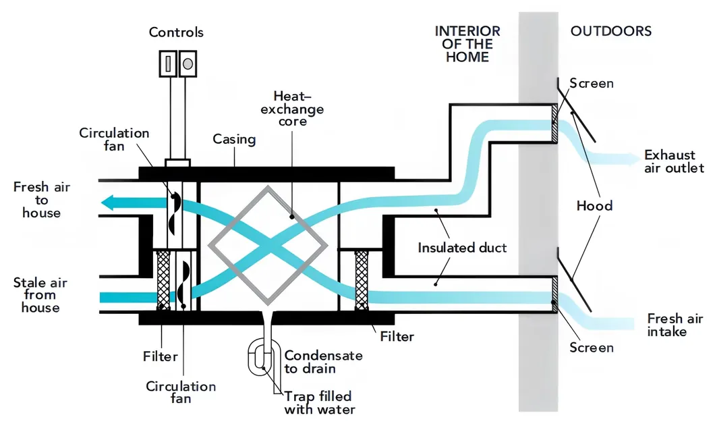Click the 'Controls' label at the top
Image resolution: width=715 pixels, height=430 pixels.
[175, 32]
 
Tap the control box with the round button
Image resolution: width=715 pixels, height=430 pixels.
[188, 63]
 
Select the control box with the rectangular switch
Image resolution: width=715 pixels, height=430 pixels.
[168, 63]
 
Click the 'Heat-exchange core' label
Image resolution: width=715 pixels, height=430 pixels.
[298, 109]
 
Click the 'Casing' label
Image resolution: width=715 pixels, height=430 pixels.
[234, 140]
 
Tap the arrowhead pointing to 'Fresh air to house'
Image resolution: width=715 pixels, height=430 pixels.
[107, 202]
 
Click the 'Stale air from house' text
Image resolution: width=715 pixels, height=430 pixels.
[40, 295]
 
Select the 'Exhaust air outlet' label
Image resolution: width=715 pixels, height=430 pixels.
[673, 161]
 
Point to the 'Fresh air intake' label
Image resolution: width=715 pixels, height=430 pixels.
[666, 325]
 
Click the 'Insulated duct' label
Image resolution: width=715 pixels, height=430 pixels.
[462, 248]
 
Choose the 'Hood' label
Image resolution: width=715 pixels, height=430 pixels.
[594, 205]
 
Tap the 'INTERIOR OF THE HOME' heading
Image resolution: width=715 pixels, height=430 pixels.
[467, 44]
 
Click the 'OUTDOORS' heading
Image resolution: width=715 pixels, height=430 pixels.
[611, 31]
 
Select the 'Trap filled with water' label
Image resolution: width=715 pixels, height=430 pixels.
[318, 402]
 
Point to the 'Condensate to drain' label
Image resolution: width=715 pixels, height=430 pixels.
[322, 362]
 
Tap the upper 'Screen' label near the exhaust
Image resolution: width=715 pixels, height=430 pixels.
[592, 84]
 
